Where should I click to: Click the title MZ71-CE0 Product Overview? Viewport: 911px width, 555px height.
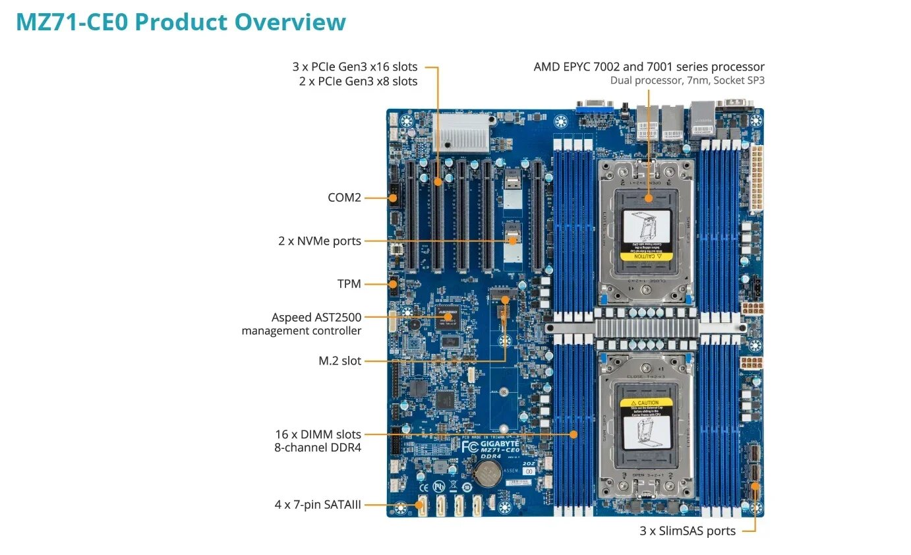(x=181, y=22)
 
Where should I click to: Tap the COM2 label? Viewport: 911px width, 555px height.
(x=344, y=197)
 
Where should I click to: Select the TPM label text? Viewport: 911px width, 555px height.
(x=349, y=284)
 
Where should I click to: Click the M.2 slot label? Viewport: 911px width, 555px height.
(x=339, y=361)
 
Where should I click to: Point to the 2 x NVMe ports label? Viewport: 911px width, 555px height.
(x=319, y=241)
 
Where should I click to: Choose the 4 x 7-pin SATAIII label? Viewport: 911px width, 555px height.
(x=318, y=506)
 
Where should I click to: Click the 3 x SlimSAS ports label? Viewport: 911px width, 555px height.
(x=687, y=531)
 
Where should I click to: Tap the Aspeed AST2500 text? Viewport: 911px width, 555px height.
(x=316, y=318)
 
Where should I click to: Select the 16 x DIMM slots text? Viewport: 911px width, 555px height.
(x=318, y=434)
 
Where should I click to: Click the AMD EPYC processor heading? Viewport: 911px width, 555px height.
(x=649, y=67)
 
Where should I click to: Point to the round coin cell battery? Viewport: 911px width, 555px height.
(x=488, y=472)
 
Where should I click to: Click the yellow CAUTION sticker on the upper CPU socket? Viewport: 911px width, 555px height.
(x=646, y=256)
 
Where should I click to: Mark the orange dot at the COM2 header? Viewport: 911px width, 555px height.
(x=393, y=197)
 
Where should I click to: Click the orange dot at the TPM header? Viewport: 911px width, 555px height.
(x=393, y=284)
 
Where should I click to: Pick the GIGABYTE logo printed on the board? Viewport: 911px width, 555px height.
(x=496, y=444)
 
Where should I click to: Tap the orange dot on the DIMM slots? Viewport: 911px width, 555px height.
(x=573, y=434)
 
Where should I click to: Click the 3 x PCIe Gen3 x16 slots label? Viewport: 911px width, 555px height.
(x=355, y=67)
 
